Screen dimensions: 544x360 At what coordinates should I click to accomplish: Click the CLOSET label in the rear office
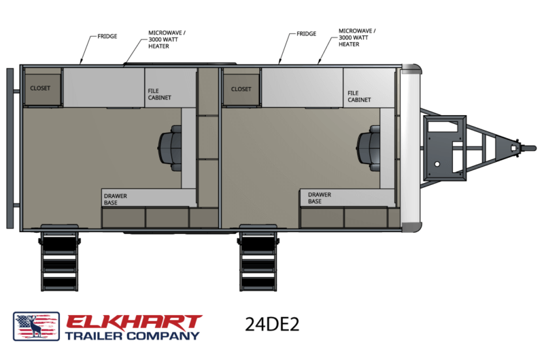(x=40, y=88)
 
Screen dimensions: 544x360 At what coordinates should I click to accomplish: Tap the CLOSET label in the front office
(x=241, y=89)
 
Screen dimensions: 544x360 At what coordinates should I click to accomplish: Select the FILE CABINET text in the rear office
(x=160, y=94)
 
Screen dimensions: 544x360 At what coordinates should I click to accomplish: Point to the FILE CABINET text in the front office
(x=359, y=97)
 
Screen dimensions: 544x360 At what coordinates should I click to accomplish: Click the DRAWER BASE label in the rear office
(x=116, y=199)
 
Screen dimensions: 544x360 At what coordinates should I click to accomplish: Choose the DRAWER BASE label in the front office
(x=320, y=198)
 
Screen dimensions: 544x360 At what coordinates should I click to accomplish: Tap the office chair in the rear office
(x=170, y=148)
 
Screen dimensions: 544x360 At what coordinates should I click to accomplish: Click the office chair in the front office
(x=369, y=148)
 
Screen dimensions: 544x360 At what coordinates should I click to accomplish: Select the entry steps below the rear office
(x=59, y=259)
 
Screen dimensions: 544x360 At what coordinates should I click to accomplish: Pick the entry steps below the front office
(x=258, y=259)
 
